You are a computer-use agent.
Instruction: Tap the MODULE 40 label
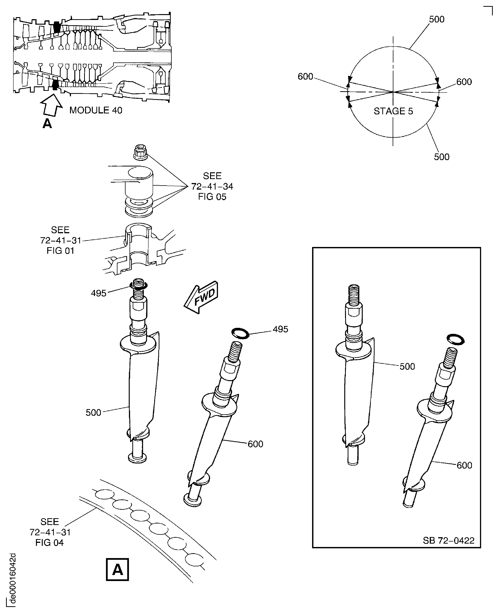(x=96, y=110)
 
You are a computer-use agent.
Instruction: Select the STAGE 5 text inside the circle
(x=393, y=111)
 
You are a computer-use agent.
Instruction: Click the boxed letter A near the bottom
(x=117, y=570)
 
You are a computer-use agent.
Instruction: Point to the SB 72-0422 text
(x=448, y=541)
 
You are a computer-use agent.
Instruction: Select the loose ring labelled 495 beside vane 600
(x=240, y=333)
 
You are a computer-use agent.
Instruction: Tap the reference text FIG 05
(x=212, y=197)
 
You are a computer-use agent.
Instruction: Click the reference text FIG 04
(x=50, y=543)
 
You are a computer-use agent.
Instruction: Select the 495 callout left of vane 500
(x=99, y=293)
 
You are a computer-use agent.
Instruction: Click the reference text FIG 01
(x=60, y=251)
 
